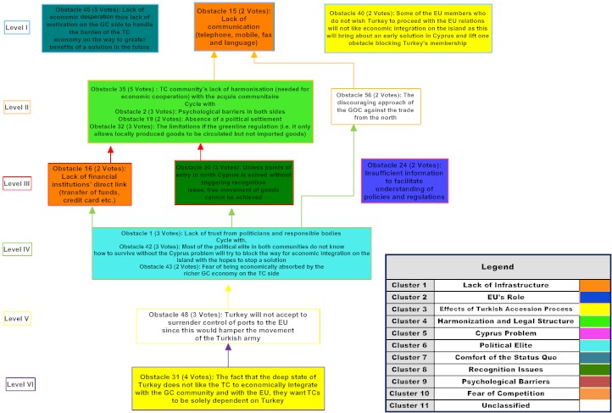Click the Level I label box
click(17, 27)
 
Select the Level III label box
click(17, 182)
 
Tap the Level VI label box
click(19, 383)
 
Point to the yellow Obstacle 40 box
click(407, 29)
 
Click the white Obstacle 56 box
click(376, 105)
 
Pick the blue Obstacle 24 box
click(404, 181)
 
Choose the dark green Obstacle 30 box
click(234, 182)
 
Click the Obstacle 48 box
click(228, 326)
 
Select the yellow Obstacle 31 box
click(228, 388)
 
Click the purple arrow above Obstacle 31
click(228, 354)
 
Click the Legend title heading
click(498, 267)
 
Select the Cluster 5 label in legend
click(410, 333)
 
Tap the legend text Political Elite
click(506, 346)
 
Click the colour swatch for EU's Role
click(594, 298)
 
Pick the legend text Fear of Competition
click(506, 393)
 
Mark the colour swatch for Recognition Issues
click(594, 370)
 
